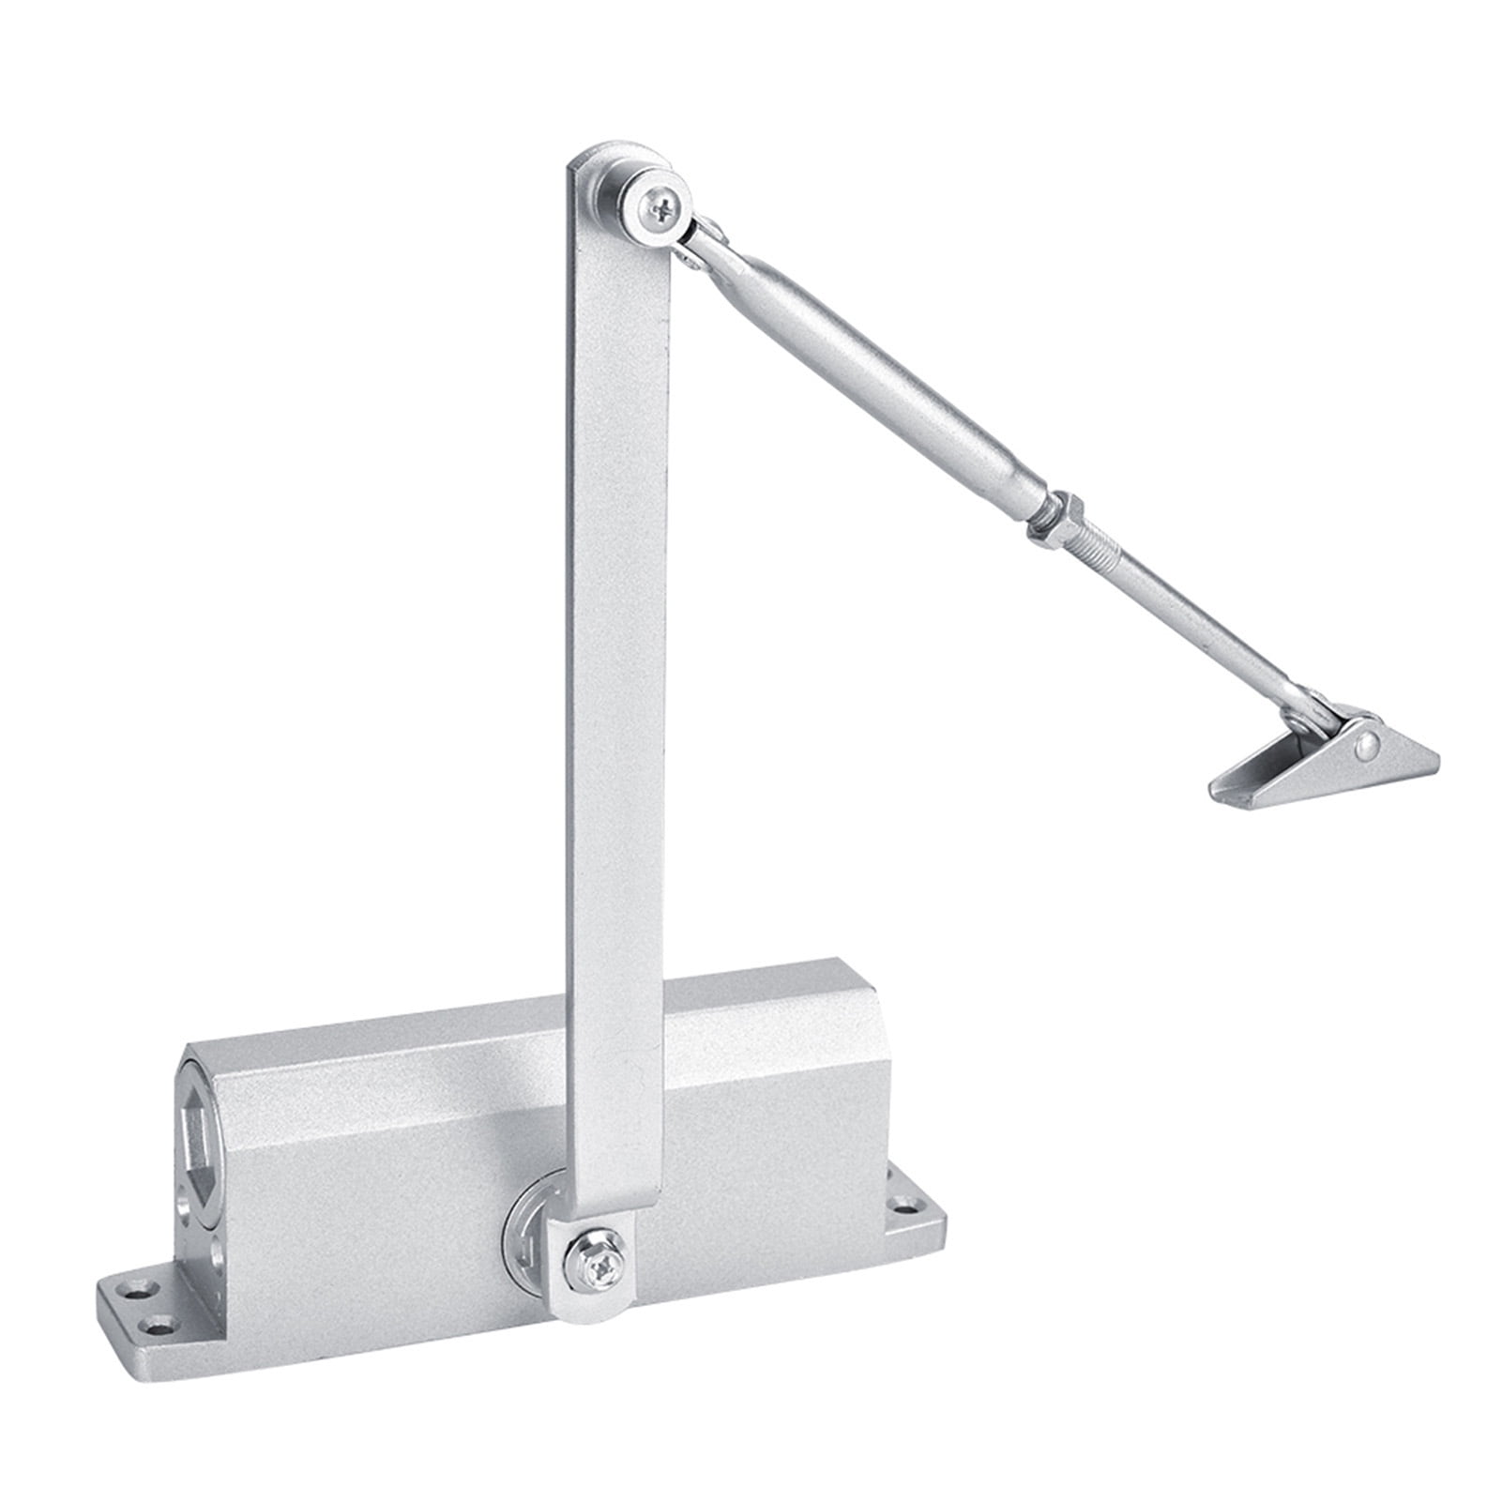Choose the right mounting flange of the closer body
(x=905, y=1210)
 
